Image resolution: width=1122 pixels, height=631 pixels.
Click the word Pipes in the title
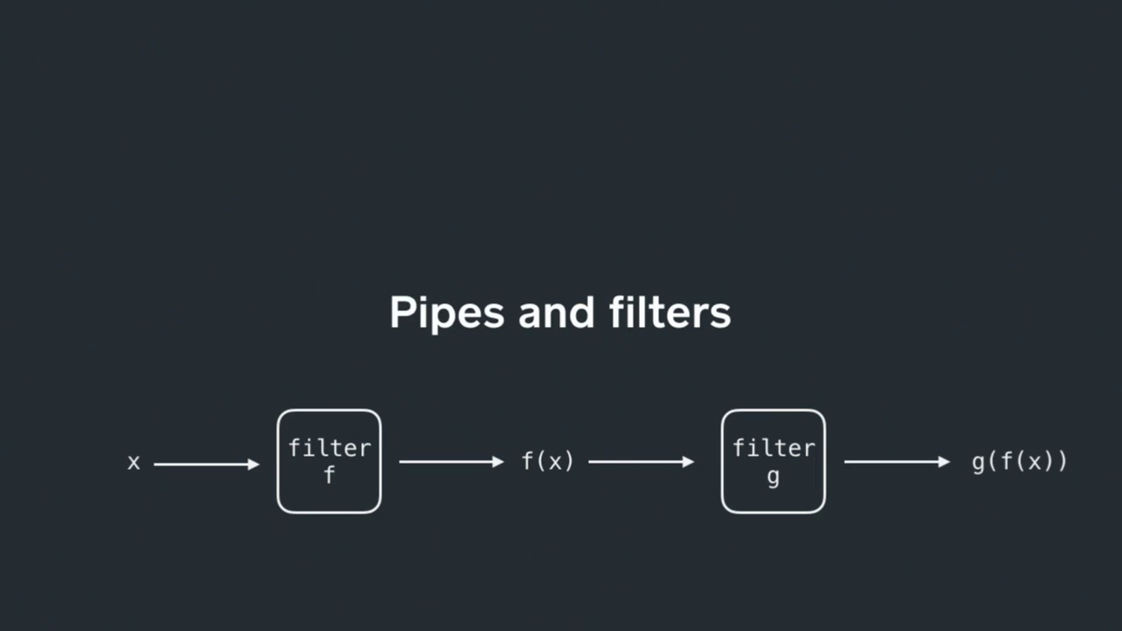coord(446,314)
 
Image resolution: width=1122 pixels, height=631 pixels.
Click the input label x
coord(133,463)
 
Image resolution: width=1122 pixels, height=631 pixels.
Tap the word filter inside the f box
coord(330,448)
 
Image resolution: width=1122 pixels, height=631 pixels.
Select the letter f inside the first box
coord(330,476)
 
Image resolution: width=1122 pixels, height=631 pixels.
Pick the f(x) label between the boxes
coord(548,461)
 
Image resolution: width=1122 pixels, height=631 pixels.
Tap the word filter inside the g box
coord(773,448)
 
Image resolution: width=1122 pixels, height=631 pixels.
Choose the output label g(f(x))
coord(1019,461)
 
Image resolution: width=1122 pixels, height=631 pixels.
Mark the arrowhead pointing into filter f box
coord(254,464)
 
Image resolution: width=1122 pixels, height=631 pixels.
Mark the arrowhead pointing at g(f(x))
coord(944,461)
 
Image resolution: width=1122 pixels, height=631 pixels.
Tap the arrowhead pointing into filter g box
coord(688,461)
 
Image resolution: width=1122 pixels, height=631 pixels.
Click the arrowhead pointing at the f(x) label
coord(499,461)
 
